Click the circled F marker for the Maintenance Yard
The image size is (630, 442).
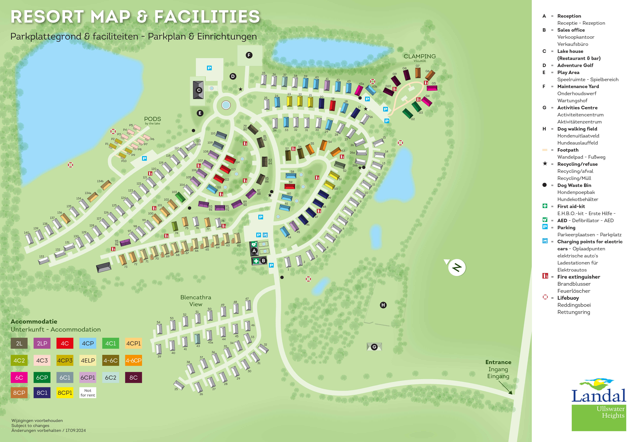[249, 55]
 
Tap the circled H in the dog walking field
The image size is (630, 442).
[383, 305]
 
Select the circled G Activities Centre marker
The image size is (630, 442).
[374, 347]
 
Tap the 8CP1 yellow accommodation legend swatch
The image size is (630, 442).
[65, 393]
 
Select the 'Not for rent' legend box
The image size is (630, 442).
[88, 393]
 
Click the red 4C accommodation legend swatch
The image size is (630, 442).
[65, 343]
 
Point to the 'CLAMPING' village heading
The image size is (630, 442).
[419, 56]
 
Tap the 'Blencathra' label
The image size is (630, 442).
[196, 297]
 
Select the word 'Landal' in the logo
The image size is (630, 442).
[598, 396]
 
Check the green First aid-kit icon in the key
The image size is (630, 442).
[545, 206]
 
